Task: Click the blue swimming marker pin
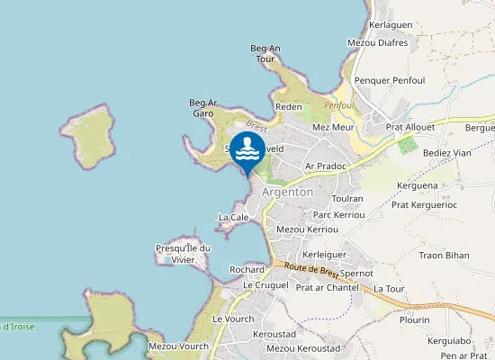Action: pyautogui.click(x=247, y=151)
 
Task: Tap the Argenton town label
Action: pyautogui.click(x=287, y=192)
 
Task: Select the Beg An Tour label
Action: pyautogui.click(x=265, y=53)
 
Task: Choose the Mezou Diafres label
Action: pyautogui.click(x=377, y=42)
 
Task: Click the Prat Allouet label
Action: pyautogui.click(x=410, y=128)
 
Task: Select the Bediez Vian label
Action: pyautogui.click(x=447, y=153)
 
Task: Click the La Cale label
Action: pyautogui.click(x=233, y=217)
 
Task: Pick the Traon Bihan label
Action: pyautogui.click(x=445, y=256)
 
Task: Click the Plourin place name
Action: pyautogui.click(x=414, y=319)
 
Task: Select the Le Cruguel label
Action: pyautogui.click(x=265, y=284)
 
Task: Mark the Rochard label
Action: pyautogui.click(x=247, y=269)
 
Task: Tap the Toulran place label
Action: pyautogui.click(x=347, y=198)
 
